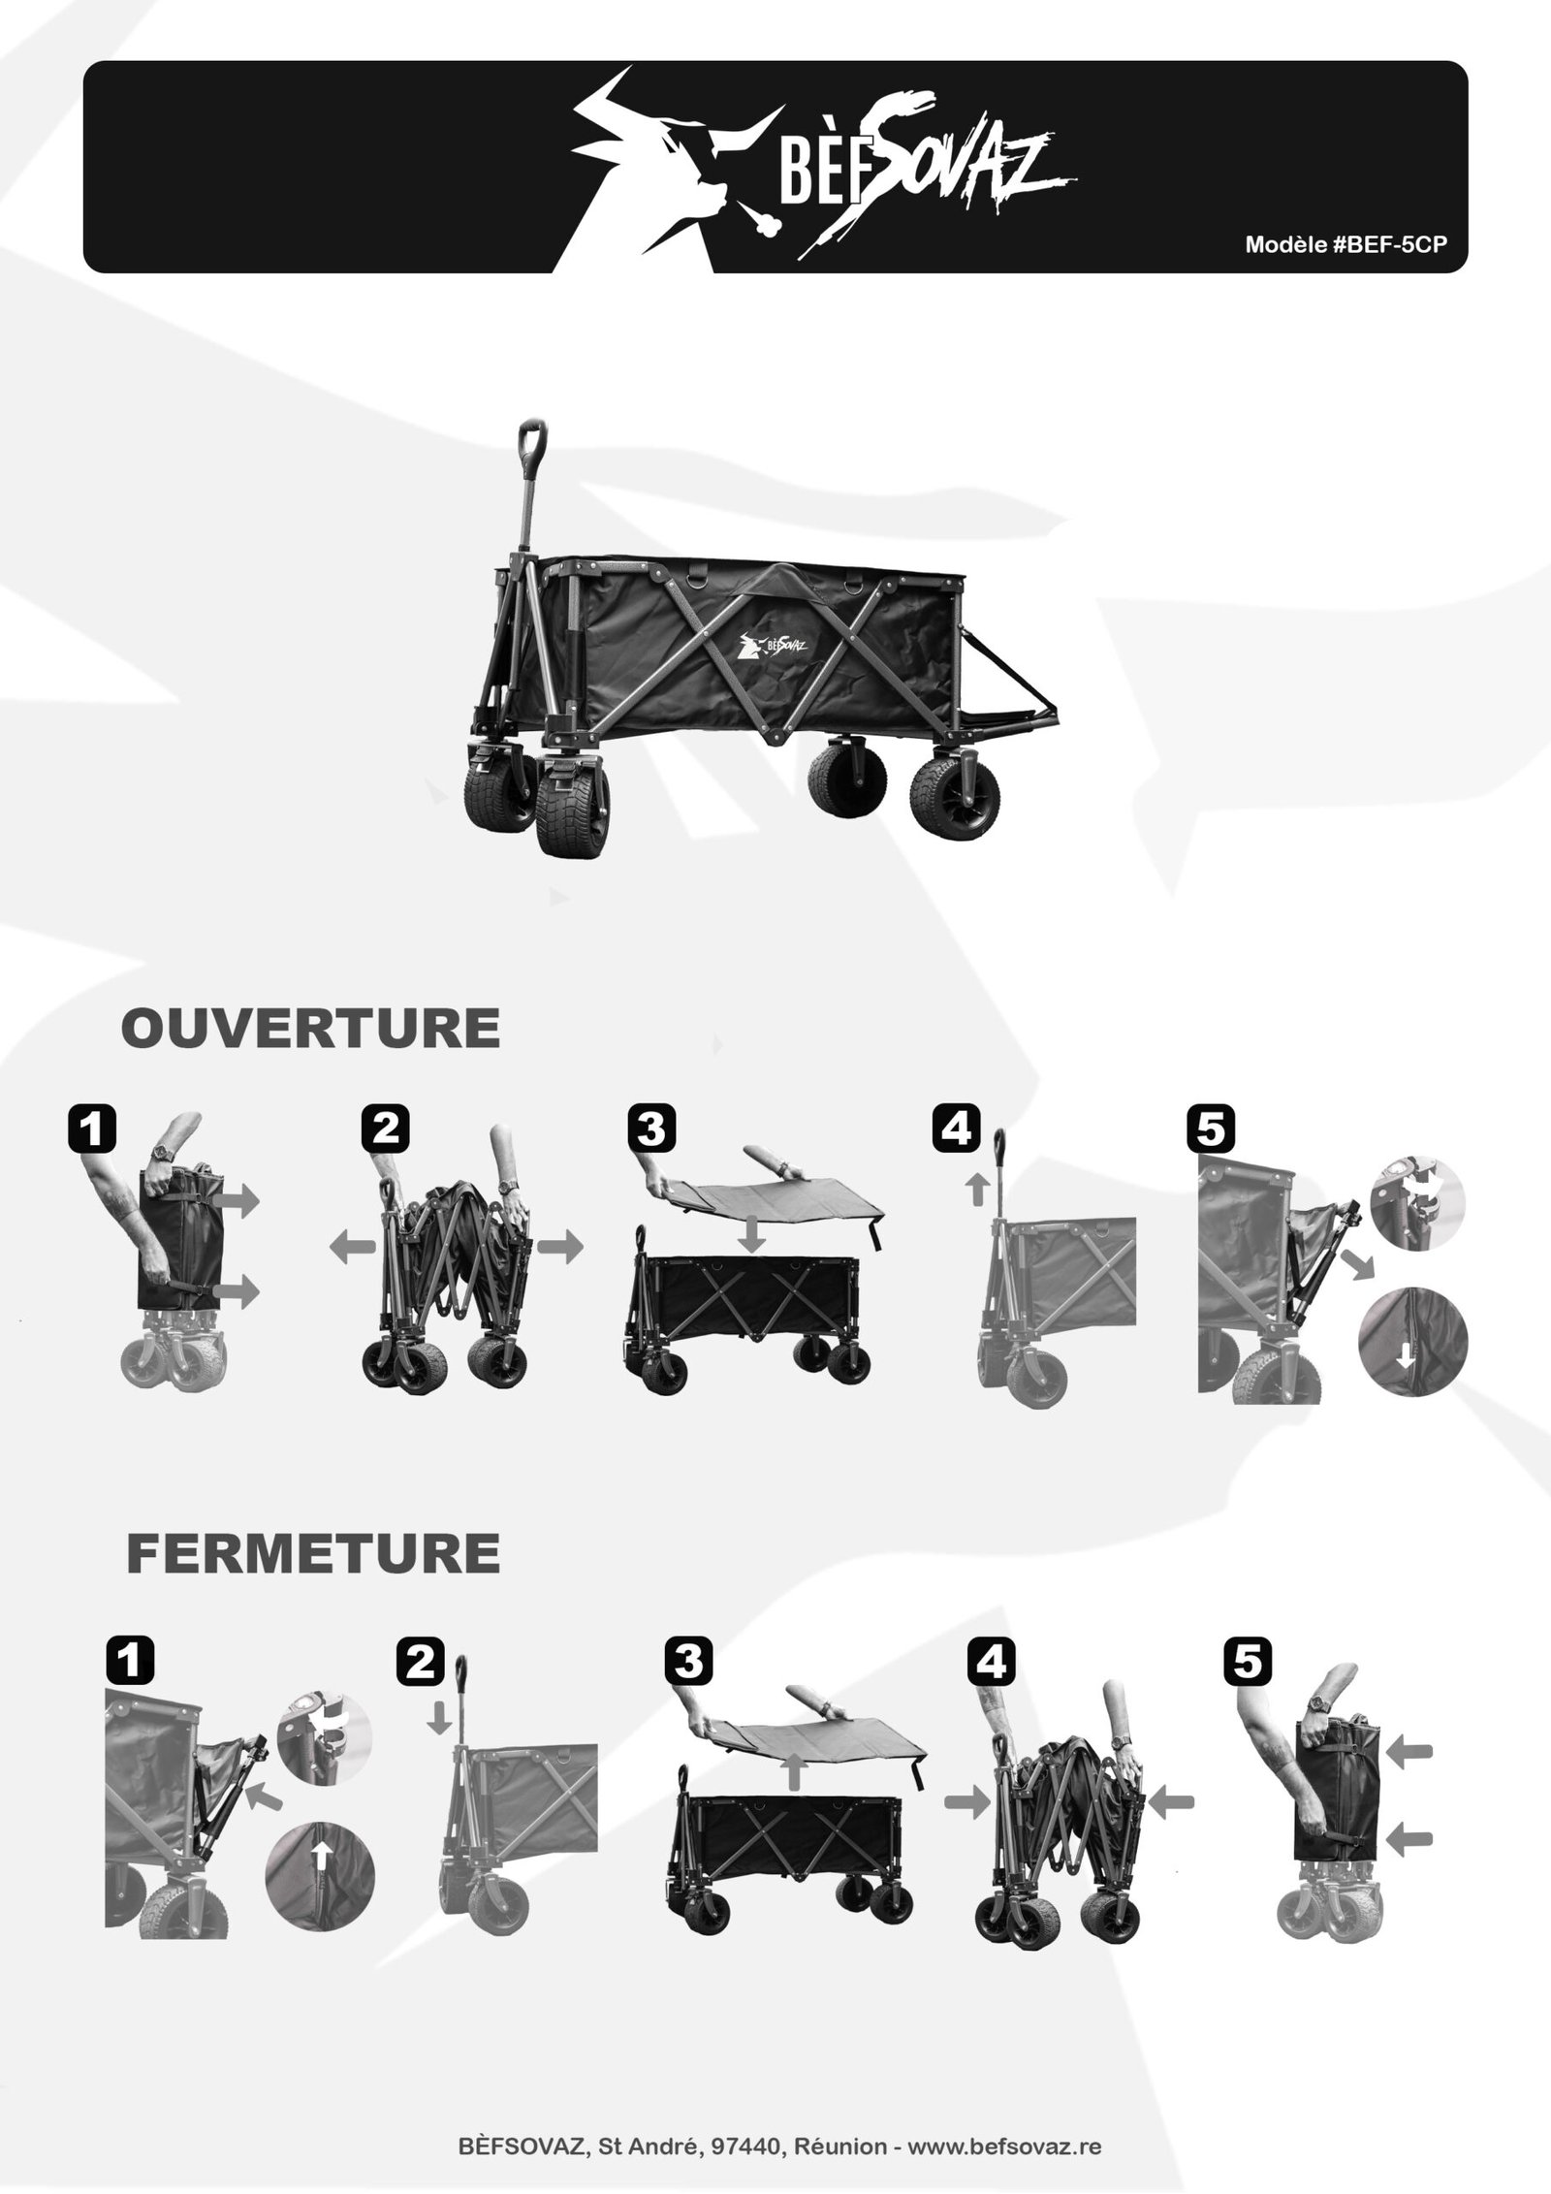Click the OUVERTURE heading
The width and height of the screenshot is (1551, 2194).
pos(310,1029)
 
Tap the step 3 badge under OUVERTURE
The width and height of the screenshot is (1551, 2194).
pos(651,1129)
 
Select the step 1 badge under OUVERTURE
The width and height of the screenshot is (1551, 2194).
pos(94,1129)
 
